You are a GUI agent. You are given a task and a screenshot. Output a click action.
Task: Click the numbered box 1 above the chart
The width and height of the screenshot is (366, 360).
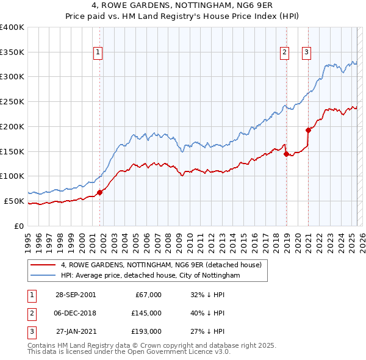coord(98,53)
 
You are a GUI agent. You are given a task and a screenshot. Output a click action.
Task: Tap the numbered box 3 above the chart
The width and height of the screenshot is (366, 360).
coord(306,53)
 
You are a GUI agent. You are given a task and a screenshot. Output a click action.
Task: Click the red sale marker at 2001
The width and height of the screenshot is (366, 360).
coord(101,192)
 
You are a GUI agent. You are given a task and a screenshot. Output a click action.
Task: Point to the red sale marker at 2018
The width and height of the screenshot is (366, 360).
coord(286,154)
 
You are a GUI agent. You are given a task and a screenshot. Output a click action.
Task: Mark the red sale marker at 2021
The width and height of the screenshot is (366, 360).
coord(309,129)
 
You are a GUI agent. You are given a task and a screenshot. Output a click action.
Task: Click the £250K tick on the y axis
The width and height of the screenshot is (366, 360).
coord(12,102)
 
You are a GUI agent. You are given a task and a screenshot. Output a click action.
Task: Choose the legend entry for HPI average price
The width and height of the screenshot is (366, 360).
coord(150,276)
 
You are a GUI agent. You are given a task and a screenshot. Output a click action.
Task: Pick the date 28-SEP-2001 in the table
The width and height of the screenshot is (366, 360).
coord(75,295)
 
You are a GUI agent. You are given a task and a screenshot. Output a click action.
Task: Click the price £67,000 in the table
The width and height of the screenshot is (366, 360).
coord(147,295)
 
